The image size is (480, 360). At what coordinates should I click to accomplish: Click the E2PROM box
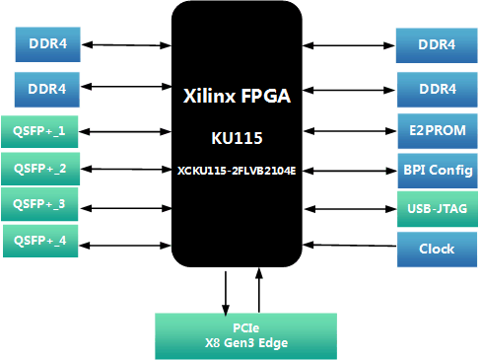tap(437, 130)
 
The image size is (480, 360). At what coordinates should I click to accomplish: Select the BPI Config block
tap(437, 169)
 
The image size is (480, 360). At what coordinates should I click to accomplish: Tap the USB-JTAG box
tap(437, 208)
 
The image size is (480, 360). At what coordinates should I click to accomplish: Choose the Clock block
tap(437, 249)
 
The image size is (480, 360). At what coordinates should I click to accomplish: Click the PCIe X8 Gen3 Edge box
tap(245, 335)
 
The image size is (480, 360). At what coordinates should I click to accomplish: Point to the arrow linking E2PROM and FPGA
tap(351, 130)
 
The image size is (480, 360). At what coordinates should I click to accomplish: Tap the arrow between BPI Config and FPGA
tap(351, 169)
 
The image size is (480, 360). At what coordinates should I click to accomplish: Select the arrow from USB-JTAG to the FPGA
tap(351, 208)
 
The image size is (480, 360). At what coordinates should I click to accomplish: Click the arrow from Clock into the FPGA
tap(351, 245)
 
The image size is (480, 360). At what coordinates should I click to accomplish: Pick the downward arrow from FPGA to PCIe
tap(228, 292)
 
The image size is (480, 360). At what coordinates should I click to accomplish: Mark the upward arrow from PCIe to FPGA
tap(259, 292)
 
